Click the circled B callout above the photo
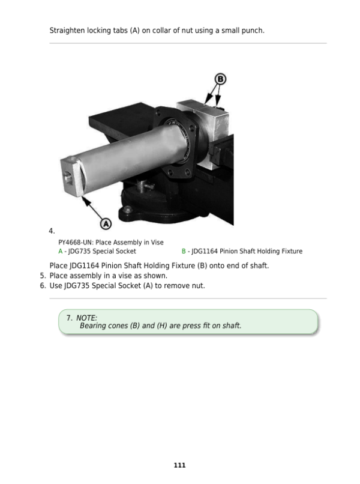(220, 79)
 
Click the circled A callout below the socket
(106, 224)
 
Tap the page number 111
(180, 465)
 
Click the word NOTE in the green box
(86, 318)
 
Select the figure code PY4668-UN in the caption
(76, 243)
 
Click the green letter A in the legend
(61, 251)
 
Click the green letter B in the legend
(184, 251)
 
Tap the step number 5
(43, 276)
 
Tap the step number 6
(43, 286)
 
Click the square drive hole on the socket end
(68, 177)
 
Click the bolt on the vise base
(127, 210)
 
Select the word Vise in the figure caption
(157, 243)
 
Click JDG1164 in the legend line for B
(205, 251)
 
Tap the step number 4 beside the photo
(52, 231)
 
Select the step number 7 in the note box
(70, 318)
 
